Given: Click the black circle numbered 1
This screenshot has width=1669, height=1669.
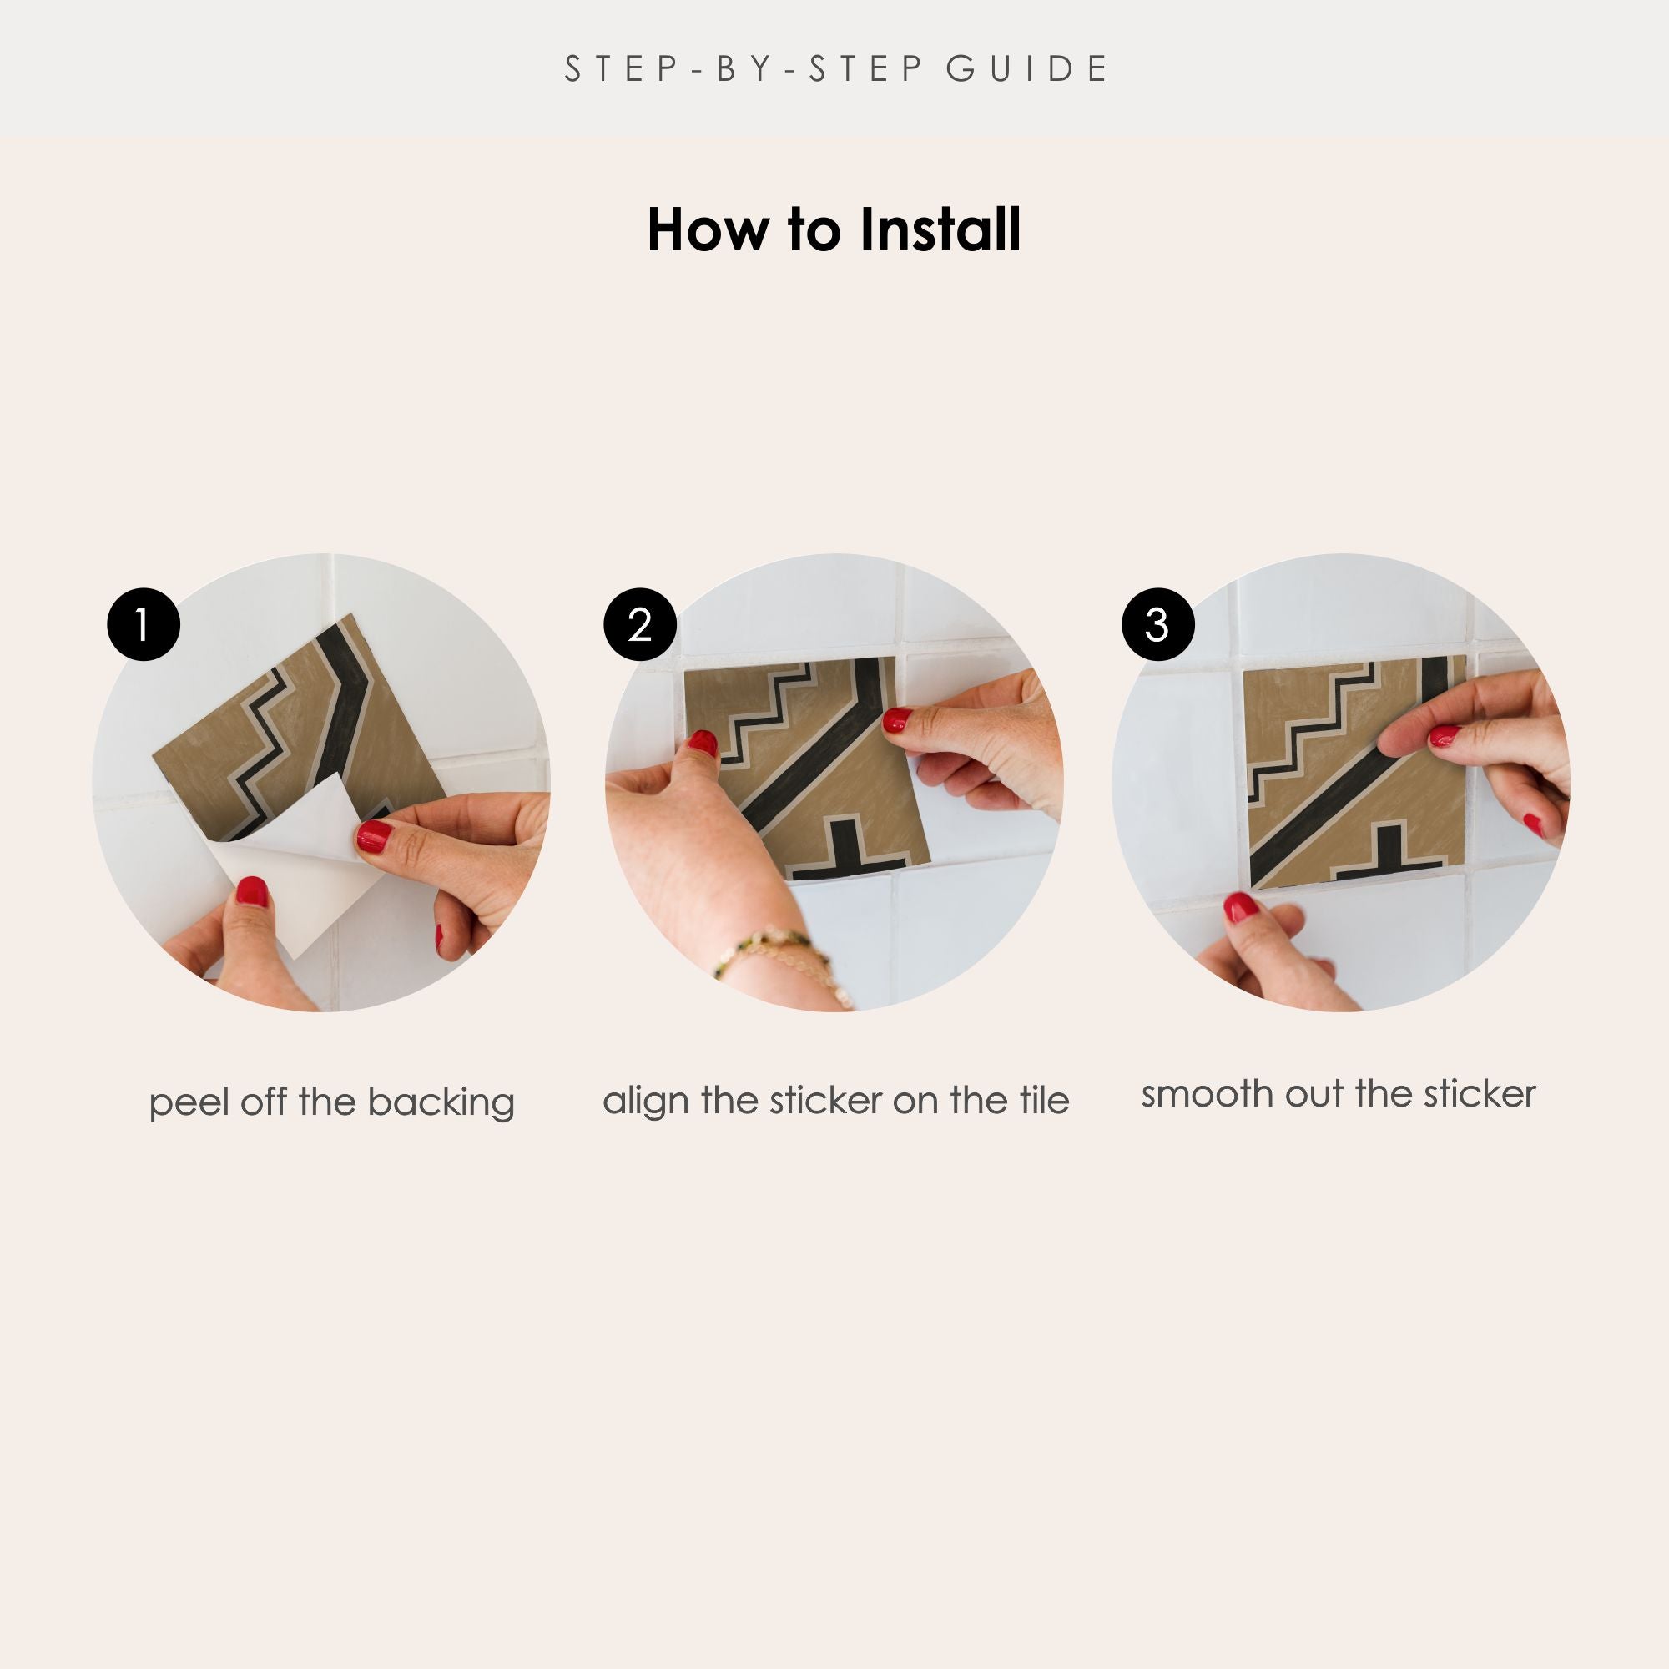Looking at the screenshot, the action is (144, 624).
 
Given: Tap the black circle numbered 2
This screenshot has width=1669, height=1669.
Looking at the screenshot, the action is (639, 624).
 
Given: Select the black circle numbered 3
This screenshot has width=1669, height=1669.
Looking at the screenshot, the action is (1157, 624).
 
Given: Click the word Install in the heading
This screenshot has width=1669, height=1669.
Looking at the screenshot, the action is (940, 229).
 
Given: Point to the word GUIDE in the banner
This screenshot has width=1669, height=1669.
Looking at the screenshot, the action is (1026, 69).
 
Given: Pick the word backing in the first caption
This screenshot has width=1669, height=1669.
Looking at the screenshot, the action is (441, 1103).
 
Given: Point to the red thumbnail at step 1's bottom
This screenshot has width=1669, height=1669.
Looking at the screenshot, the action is (251, 891).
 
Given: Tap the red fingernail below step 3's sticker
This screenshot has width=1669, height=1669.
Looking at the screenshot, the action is (1241, 907).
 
